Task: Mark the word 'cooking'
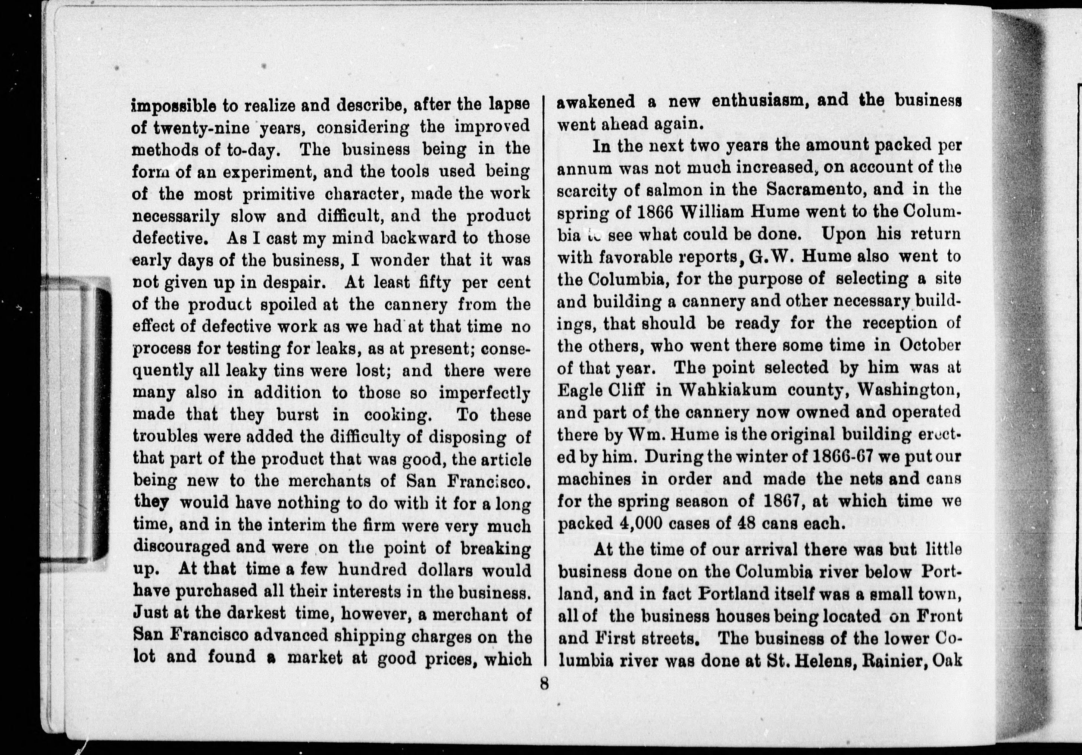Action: [397, 415]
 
